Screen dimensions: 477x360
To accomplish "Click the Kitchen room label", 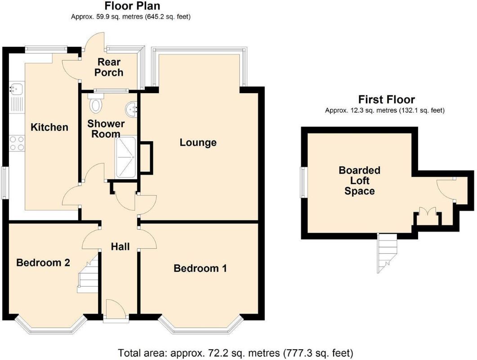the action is pyautogui.click(x=49, y=127).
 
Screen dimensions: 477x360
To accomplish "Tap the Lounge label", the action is pyautogui.click(x=198, y=142).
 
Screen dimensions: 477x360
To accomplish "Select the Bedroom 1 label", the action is pyautogui.click(x=200, y=268).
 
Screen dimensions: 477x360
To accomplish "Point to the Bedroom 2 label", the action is pyautogui.click(x=43, y=262).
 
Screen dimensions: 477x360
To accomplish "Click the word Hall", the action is pyautogui.click(x=120, y=247).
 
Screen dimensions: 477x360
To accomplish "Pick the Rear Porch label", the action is pyautogui.click(x=109, y=67).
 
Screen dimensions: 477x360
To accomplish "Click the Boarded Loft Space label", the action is pyautogui.click(x=360, y=180).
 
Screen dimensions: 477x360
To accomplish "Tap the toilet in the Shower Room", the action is pyautogui.click(x=96, y=103).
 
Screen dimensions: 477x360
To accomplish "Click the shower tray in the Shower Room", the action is pyautogui.click(x=126, y=157).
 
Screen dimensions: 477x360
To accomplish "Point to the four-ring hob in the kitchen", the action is pyautogui.click(x=17, y=143).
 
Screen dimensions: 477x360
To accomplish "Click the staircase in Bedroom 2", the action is pyautogui.click(x=88, y=274).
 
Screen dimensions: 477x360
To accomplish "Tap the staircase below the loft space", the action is pyautogui.click(x=387, y=253).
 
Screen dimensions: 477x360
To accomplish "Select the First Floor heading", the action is pyautogui.click(x=386, y=99).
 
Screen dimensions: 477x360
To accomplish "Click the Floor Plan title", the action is pyautogui.click(x=132, y=6).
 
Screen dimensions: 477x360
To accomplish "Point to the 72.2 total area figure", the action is pyautogui.click(x=216, y=353).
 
